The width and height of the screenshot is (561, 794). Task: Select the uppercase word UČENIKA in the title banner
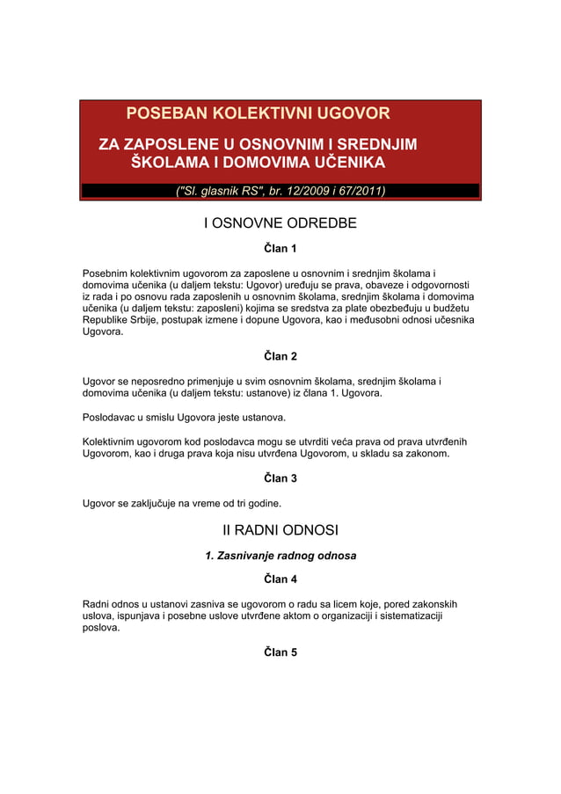(x=341, y=163)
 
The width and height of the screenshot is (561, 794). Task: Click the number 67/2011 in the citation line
(x=355, y=191)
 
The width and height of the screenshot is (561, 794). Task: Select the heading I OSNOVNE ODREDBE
(x=280, y=223)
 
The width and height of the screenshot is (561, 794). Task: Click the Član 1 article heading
(x=280, y=250)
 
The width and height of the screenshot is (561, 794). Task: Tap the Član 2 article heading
(x=280, y=356)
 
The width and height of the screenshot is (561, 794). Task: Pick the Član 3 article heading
(x=280, y=478)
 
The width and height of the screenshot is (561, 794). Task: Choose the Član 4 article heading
(x=280, y=579)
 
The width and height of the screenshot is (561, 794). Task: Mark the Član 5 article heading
(x=280, y=652)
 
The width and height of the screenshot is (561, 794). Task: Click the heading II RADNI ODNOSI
(x=280, y=530)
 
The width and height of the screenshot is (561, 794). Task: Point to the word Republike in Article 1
(x=109, y=321)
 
